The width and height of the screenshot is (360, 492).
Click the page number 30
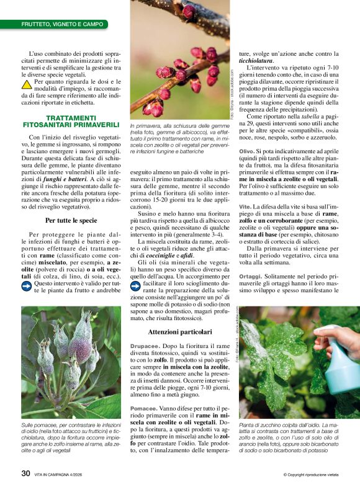click(25, 473)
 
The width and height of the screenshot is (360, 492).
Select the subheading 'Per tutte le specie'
click(71, 220)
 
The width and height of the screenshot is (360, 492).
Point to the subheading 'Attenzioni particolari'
click(180, 333)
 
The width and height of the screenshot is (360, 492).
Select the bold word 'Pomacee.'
click(143, 408)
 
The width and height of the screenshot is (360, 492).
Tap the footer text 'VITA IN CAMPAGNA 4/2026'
click(69, 473)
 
